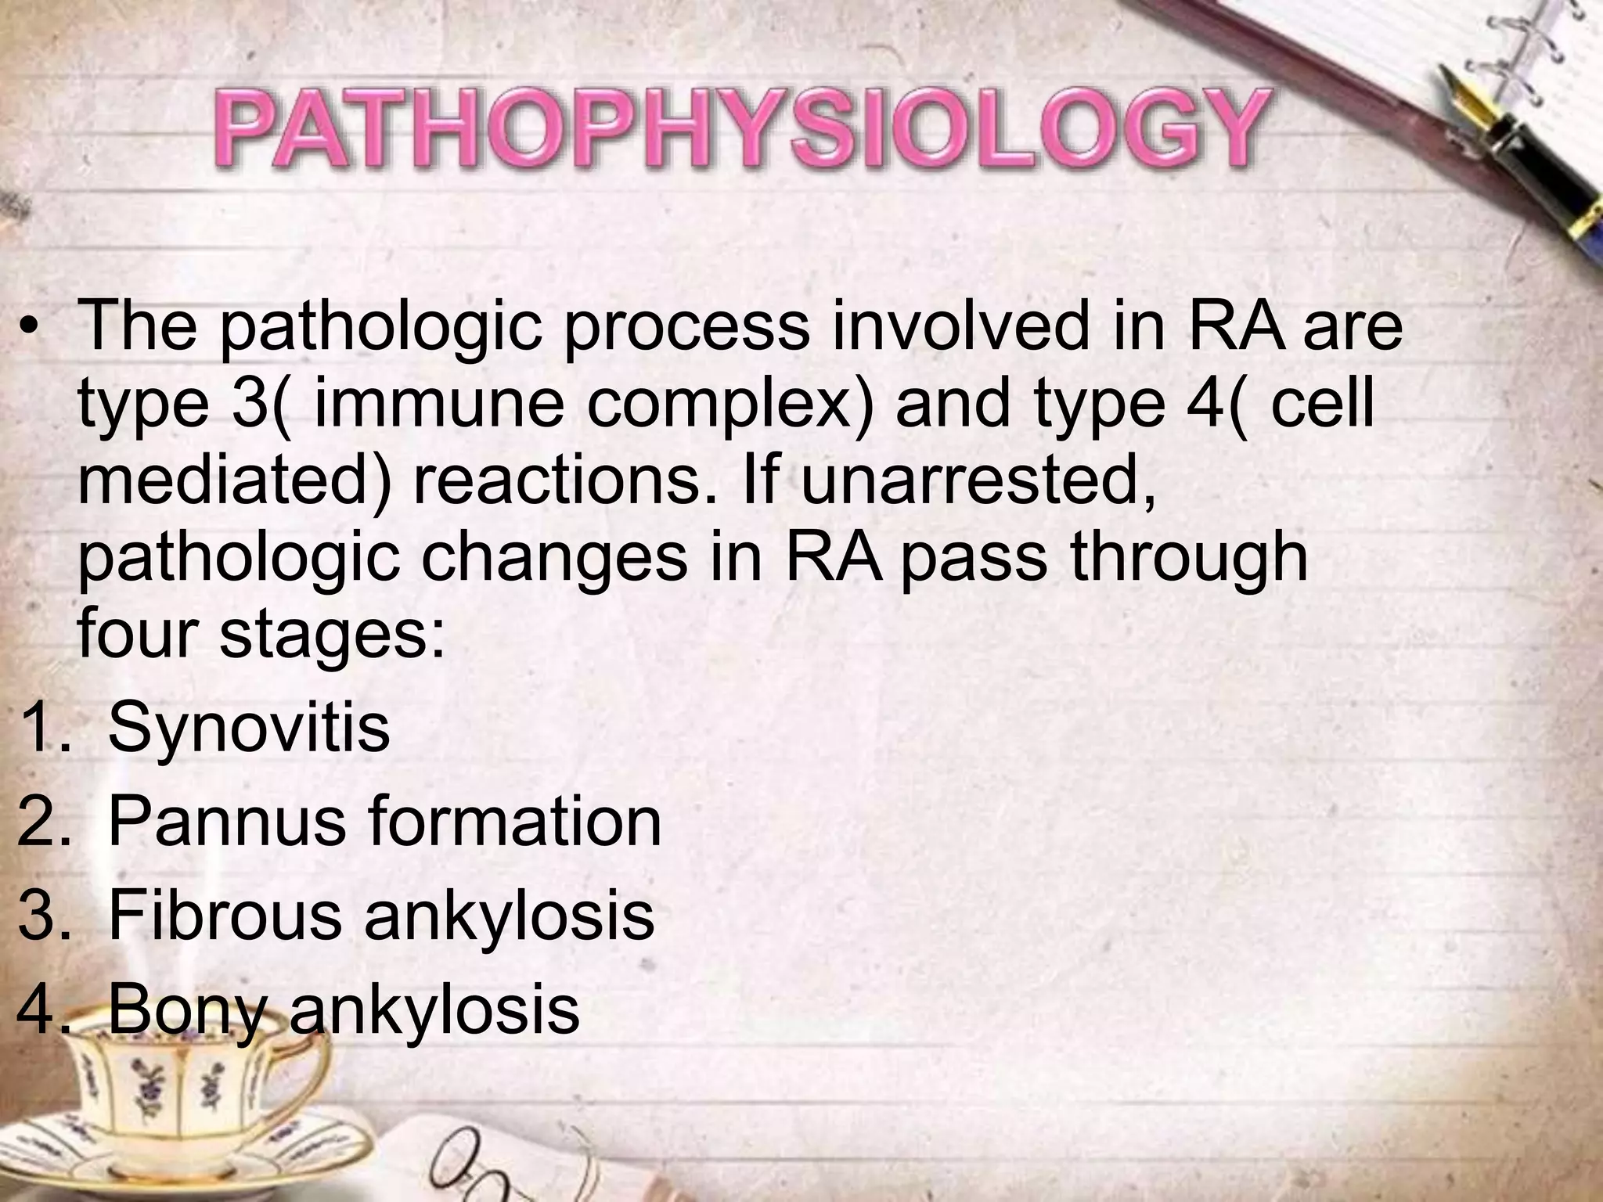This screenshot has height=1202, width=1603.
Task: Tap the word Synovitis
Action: click(249, 729)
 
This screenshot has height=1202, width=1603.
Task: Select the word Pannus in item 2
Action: click(227, 822)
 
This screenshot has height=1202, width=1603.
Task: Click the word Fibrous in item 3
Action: click(225, 915)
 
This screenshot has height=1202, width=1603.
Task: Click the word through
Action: click(1189, 556)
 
